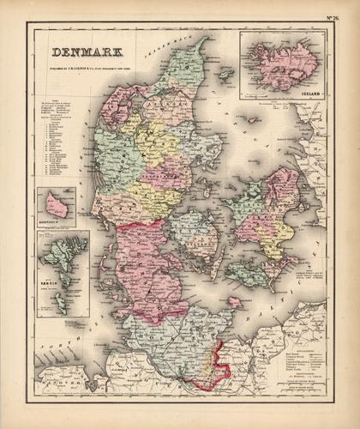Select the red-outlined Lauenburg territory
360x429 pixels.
pyautogui.click(x=213, y=365)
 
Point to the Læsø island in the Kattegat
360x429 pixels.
pyautogui.click(x=225, y=76)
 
